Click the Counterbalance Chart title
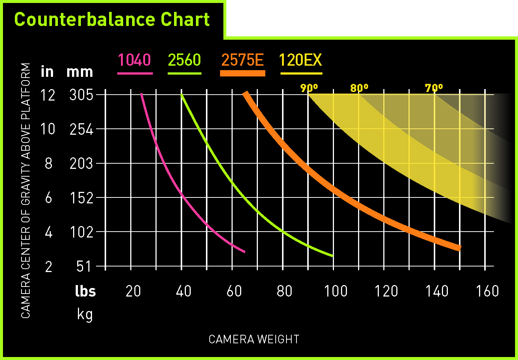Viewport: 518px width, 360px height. coord(112,19)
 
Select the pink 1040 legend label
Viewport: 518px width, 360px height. coord(134,60)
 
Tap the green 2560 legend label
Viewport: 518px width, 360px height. coord(184,60)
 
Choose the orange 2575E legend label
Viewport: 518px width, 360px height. coord(242,60)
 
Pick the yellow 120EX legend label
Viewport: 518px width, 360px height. coord(301,60)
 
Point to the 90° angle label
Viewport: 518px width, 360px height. coord(309,88)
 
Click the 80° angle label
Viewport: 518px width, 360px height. coord(359,88)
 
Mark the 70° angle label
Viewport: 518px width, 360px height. coord(434,88)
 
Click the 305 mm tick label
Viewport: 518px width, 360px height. coord(81,95)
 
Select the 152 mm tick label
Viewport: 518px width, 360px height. coord(81,198)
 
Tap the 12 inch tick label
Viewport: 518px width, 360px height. coord(48,95)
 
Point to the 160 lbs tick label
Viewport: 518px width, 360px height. coord(487,291)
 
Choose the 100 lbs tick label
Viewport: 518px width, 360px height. coord(335,291)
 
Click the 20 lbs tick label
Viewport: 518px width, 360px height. coord(133,291)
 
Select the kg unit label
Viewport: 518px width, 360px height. coord(85,315)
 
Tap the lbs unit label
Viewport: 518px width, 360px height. coord(85,291)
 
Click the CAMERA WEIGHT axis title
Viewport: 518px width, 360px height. coord(254,339)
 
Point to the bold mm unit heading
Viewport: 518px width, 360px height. coord(80,72)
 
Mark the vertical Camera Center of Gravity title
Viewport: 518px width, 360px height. coord(25,190)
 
